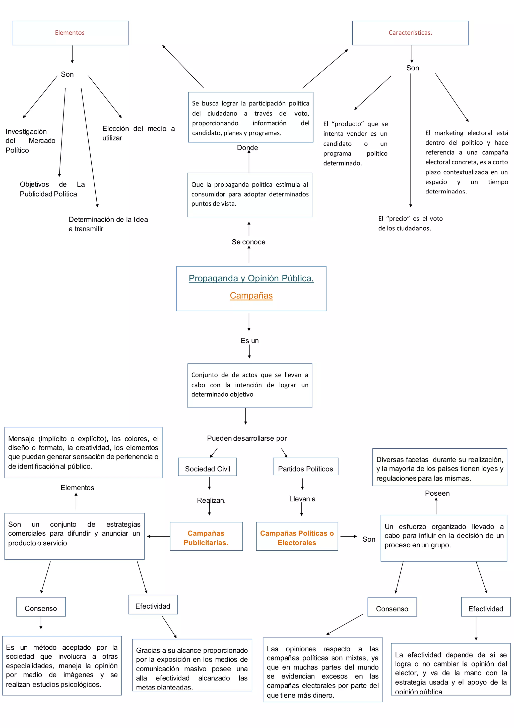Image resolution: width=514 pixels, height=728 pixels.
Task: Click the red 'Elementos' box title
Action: [x=70, y=33]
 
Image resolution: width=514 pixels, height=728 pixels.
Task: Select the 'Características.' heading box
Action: [x=410, y=33]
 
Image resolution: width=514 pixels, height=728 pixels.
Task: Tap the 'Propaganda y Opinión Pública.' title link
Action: [x=251, y=278]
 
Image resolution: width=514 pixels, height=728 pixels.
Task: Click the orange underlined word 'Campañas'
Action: [x=251, y=295]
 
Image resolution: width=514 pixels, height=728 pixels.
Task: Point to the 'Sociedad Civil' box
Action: [x=208, y=469]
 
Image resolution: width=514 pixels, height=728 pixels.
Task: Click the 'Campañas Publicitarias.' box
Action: [x=206, y=538]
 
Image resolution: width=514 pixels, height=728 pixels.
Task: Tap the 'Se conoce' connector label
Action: [x=249, y=242]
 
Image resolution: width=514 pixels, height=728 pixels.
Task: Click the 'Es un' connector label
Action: [x=249, y=341]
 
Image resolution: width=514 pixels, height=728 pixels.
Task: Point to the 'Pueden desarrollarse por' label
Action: [x=247, y=438]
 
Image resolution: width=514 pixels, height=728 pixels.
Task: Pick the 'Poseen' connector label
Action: [x=437, y=493]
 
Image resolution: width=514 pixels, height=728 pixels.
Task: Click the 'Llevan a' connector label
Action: [x=302, y=499]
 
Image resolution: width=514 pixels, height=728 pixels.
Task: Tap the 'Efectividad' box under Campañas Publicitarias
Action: [x=153, y=606]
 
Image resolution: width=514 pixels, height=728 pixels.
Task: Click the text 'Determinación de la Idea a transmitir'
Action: [x=108, y=224]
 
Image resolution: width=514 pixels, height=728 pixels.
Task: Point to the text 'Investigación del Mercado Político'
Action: [x=30, y=140]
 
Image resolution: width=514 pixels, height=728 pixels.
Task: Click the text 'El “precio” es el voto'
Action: [x=410, y=219]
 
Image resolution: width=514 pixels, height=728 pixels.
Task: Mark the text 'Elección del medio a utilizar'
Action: [x=138, y=133]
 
